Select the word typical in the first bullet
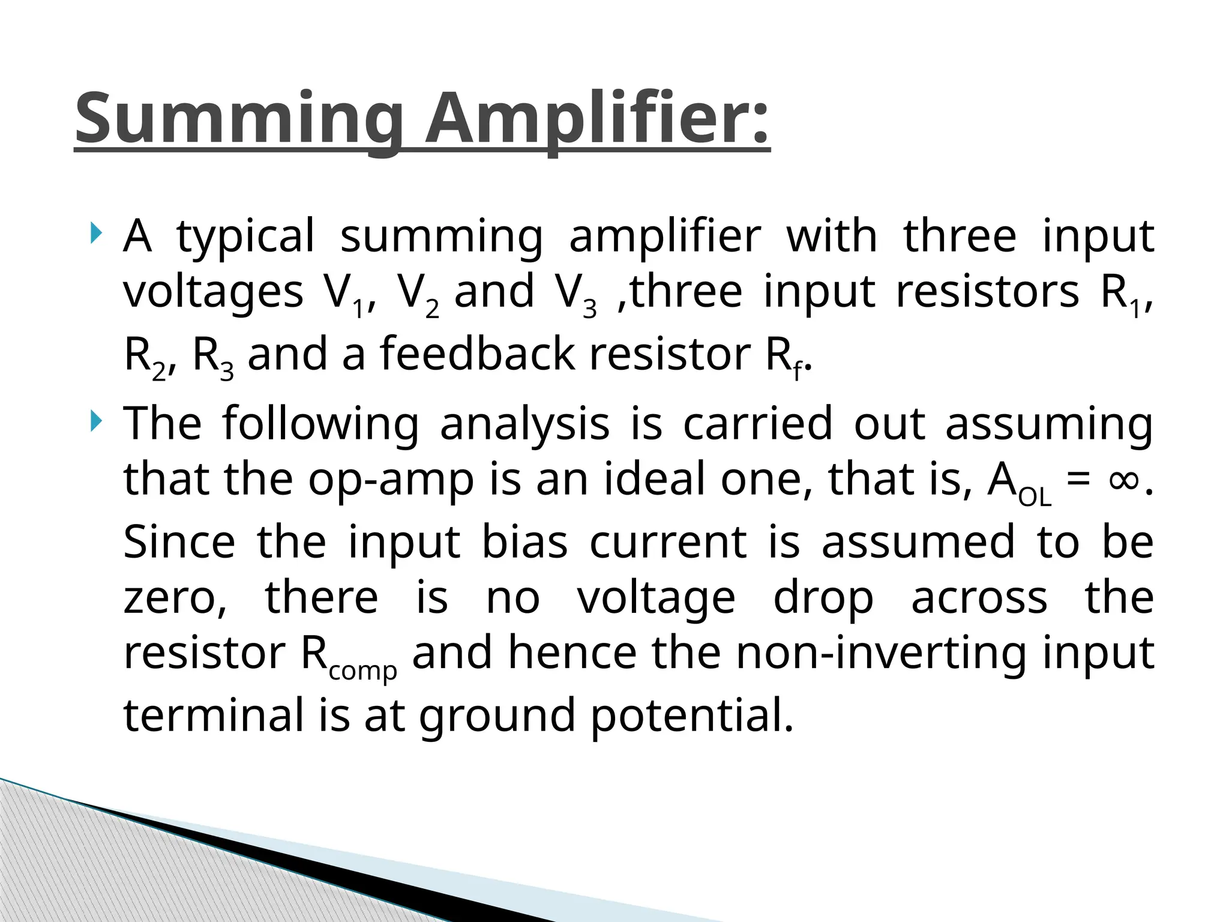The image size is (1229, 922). point(245,237)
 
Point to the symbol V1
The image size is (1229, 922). point(345,294)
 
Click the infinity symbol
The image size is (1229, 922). point(1123,480)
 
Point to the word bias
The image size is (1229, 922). point(524,542)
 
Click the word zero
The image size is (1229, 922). point(175,598)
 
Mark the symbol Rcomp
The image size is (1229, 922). point(348,656)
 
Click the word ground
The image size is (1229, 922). point(497,717)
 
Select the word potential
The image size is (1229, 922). point(692,717)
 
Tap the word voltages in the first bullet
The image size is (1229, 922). point(213,293)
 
